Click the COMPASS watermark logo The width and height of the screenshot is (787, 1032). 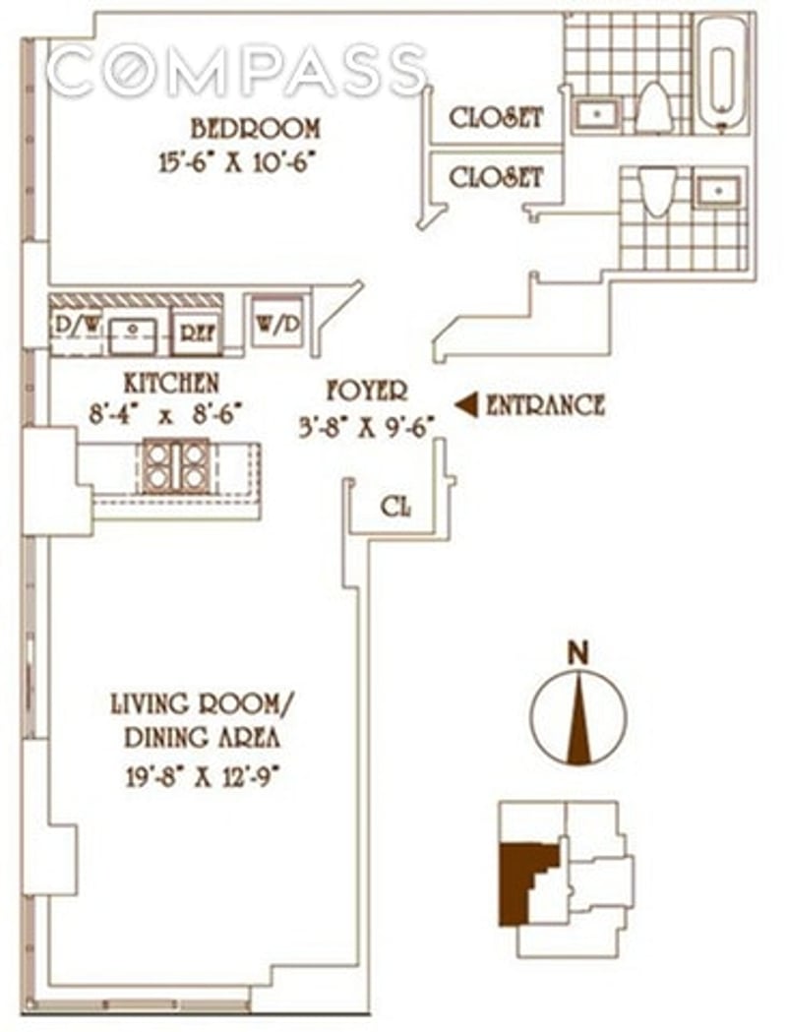tap(236, 72)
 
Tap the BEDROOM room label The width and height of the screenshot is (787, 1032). tap(255, 128)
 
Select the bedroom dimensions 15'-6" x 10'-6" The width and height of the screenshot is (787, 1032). tap(241, 160)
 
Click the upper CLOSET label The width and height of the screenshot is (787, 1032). tap(496, 117)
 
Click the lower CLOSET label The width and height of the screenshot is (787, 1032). tap(496, 177)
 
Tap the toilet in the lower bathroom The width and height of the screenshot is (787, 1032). tap(657, 189)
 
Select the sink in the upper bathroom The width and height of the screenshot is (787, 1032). tap(594, 114)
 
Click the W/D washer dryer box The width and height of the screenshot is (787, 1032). tap(275, 322)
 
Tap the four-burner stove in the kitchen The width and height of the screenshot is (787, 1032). tap(176, 465)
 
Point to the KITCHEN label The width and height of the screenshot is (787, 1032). tap(171, 382)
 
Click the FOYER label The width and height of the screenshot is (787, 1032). tap(367, 392)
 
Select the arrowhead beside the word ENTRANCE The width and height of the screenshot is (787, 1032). tap(467, 404)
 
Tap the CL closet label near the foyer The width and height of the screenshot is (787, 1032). tap(396, 508)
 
